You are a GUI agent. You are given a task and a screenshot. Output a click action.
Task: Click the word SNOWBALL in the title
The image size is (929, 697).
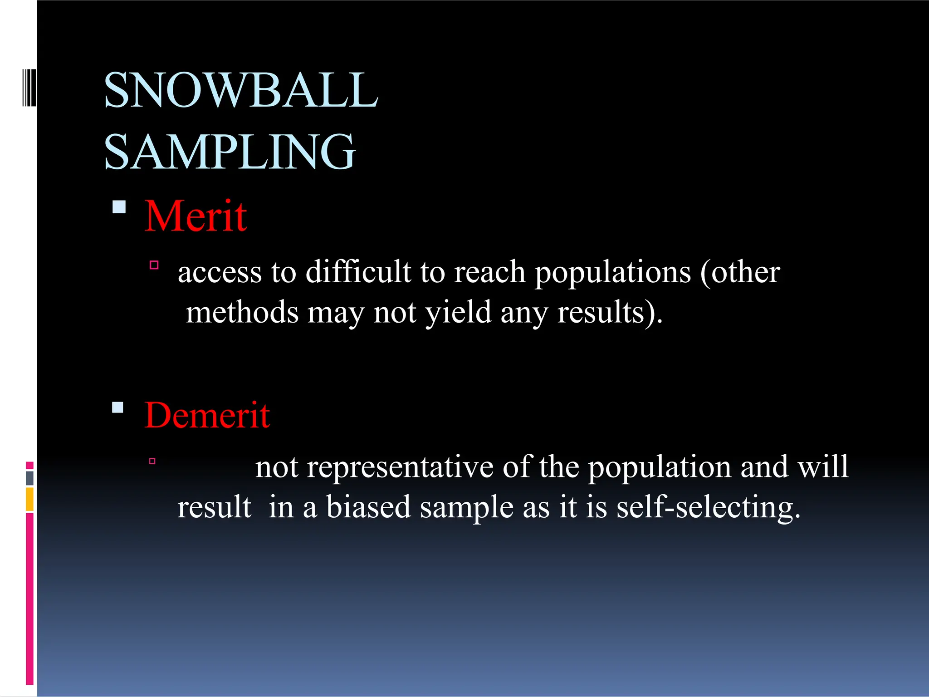click(240, 90)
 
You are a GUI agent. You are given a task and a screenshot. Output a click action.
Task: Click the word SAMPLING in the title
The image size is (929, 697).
click(230, 152)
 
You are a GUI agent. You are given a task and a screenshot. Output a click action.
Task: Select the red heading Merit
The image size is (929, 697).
click(196, 216)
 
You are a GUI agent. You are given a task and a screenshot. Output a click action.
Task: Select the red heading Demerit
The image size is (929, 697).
click(207, 415)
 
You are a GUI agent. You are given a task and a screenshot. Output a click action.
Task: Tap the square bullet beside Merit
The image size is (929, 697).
click(119, 207)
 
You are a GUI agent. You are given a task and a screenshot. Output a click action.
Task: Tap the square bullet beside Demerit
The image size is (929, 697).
click(117, 407)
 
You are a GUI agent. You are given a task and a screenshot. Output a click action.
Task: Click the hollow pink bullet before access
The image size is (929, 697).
click(154, 265)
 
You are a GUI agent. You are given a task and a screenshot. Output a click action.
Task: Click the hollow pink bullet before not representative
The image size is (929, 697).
click(152, 461)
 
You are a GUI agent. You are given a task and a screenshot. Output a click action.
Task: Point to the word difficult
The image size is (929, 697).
click(358, 272)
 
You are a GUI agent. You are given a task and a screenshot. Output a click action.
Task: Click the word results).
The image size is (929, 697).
click(610, 312)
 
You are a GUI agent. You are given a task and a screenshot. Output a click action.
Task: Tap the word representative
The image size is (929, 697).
click(400, 467)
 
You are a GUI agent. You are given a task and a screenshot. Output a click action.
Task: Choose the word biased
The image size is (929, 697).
click(368, 507)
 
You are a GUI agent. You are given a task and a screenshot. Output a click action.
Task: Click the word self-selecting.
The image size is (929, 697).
click(708, 508)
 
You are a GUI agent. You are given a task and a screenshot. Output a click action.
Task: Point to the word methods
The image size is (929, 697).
click(242, 312)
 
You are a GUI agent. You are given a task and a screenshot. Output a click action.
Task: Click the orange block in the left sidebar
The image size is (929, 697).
click(30, 499)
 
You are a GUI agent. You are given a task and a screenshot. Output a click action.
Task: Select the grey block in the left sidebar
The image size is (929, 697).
click(30, 478)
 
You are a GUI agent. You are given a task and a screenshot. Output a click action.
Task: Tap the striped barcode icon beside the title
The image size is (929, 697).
click(29, 87)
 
